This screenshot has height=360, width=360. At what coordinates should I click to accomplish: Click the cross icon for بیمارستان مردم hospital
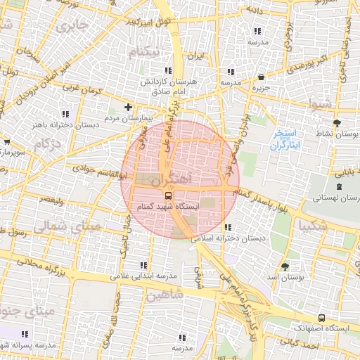127,108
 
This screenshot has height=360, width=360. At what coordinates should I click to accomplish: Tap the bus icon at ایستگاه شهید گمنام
168,195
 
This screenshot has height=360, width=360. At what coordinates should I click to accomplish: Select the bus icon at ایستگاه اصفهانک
321,318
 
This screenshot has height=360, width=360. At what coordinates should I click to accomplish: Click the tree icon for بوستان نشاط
338,122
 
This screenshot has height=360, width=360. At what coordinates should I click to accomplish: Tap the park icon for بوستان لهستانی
340,187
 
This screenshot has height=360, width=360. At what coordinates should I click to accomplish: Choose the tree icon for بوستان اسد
285,266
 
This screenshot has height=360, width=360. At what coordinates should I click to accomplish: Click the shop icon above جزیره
262,77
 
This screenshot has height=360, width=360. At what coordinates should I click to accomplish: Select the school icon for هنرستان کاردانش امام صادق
167,71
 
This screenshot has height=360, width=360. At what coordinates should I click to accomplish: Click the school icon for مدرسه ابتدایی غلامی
144,265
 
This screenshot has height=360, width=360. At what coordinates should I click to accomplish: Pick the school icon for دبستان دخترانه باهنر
65,114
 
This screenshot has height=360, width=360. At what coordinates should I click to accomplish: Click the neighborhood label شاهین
164,296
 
